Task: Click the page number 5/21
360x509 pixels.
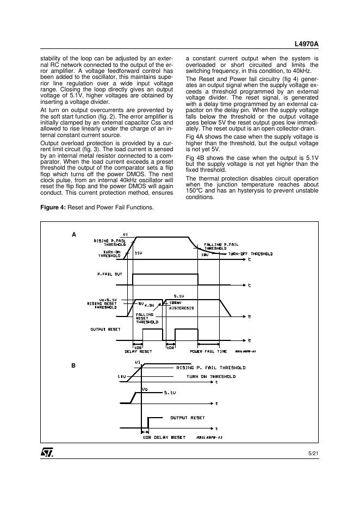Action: [x=313, y=452]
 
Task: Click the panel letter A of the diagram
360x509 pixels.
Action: [x=74, y=234]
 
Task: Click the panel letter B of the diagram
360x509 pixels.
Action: [x=73, y=366]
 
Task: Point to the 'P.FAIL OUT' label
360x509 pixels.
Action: [x=110, y=274]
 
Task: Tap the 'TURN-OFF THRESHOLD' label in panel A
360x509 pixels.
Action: [x=250, y=254]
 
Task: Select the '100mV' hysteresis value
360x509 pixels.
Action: [x=175, y=302]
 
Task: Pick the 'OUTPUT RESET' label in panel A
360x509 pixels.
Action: [x=105, y=329]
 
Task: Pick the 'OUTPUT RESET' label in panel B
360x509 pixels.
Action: [x=188, y=418]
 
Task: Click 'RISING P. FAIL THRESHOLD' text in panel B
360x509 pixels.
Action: [x=211, y=368]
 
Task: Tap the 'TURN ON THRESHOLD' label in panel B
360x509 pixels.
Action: [x=211, y=376]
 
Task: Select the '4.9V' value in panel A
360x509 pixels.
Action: [x=150, y=306]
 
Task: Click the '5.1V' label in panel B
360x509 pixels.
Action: [x=170, y=392]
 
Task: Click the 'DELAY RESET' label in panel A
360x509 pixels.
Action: [x=138, y=351]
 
